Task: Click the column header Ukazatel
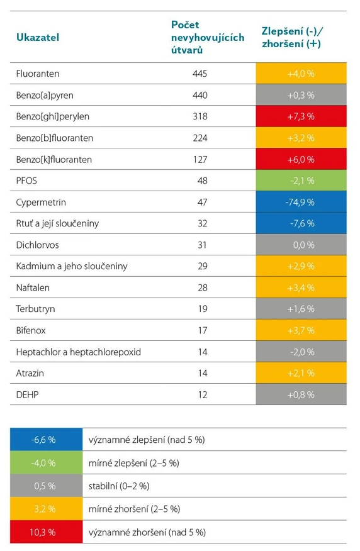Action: click(37, 37)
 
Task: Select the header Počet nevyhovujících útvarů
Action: click(207, 37)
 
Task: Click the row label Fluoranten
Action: click(38, 74)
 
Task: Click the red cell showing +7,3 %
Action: click(301, 116)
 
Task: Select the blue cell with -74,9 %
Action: click(301, 202)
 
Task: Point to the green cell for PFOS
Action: click(301, 181)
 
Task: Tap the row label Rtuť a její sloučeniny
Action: click(57, 223)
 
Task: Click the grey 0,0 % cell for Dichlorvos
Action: click(301, 245)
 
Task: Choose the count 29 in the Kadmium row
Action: click(202, 266)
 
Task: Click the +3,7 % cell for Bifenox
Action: click(301, 330)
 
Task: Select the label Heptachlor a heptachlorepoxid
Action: click(78, 352)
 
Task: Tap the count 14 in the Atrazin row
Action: click(202, 373)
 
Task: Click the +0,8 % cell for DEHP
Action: click(301, 394)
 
